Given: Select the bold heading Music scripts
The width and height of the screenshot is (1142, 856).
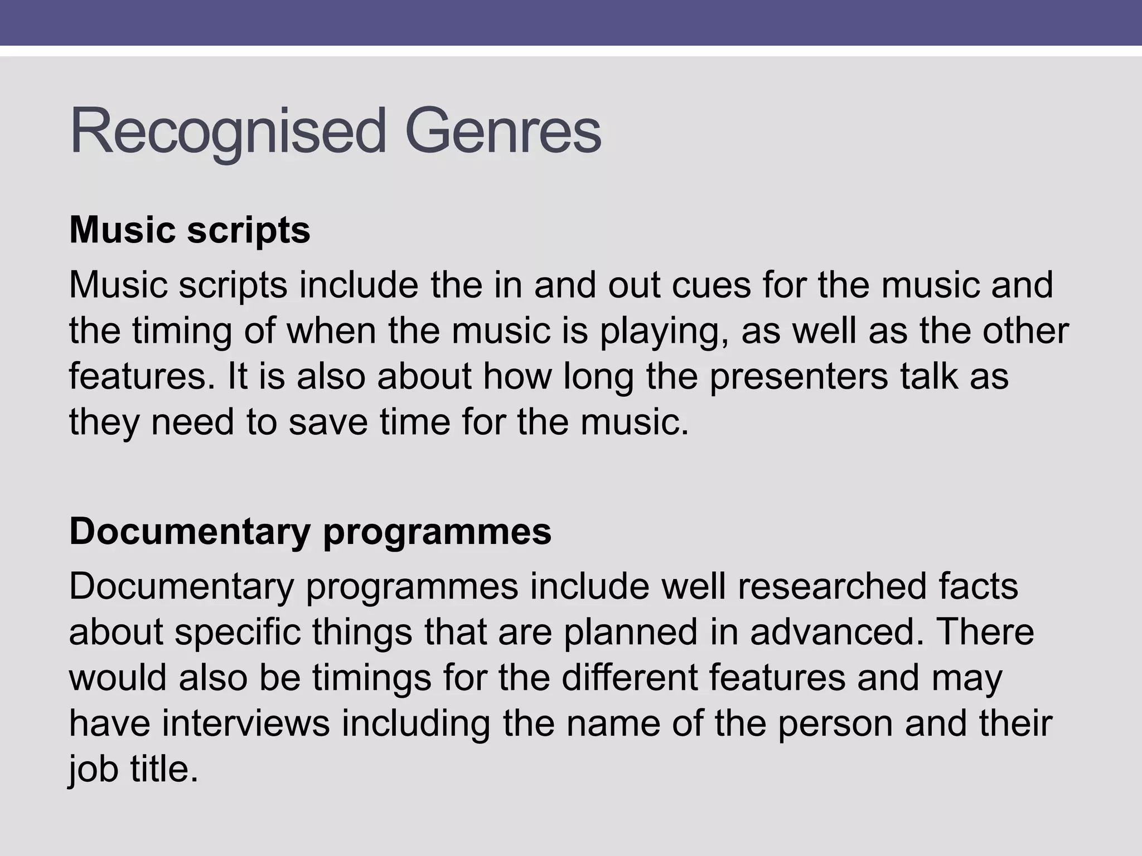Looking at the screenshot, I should [x=190, y=230].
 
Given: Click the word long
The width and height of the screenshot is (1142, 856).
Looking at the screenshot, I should [x=598, y=376].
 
